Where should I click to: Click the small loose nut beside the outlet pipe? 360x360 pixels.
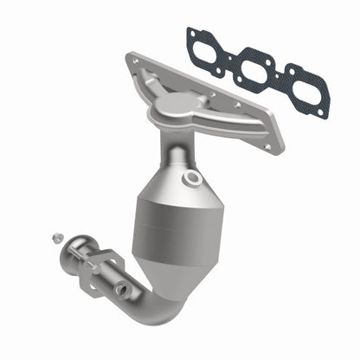pyautogui.click(x=56, y=237)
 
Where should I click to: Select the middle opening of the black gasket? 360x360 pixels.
pyautogui.click(x=258, y=67)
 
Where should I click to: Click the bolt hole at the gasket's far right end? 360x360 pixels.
pyautogui.click(x=322, y=111)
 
